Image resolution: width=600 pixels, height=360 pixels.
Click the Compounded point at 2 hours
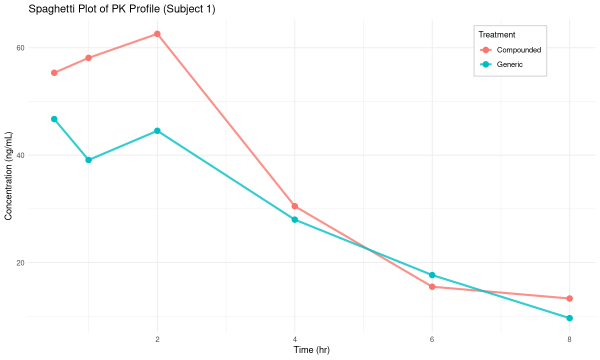157,34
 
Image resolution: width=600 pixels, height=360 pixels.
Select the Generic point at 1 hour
88,160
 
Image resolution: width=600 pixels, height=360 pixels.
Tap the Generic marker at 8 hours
569,318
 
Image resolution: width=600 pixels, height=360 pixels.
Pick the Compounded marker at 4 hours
294,206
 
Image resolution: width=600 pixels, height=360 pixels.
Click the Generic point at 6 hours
432,275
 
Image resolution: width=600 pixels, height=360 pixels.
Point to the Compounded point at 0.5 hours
54,73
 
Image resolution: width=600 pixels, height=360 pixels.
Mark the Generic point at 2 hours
157,131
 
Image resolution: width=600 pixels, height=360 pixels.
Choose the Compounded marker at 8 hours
569,298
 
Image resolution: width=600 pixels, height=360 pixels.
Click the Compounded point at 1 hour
88,58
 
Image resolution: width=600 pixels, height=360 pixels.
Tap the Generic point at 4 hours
294,219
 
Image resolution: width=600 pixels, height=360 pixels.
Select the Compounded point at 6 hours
432,286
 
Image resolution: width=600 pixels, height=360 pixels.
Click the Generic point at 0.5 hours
54,119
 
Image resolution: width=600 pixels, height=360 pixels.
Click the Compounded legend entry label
518,50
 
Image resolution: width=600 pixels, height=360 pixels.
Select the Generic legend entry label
509,64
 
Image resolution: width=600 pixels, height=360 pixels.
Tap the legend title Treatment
496,35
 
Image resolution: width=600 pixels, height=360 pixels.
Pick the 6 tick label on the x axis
432,339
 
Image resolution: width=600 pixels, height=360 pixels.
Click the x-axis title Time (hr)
311,350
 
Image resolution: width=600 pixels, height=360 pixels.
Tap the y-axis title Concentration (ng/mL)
8,176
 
